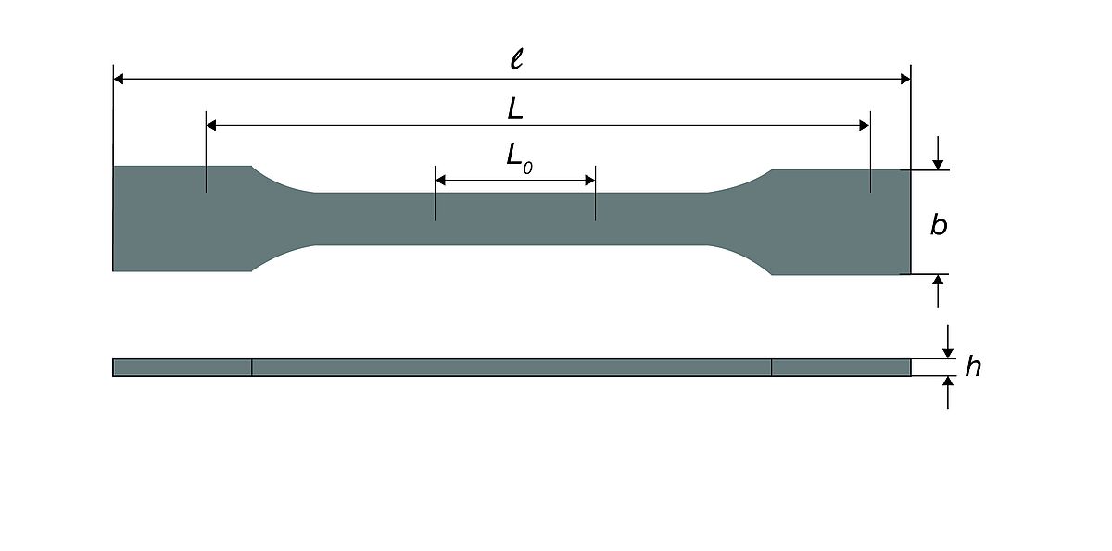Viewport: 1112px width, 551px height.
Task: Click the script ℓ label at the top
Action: tap(517, 59)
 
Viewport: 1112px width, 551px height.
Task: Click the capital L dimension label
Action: tap(515, 108)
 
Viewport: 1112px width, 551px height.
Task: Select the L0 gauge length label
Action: tap(519, 158)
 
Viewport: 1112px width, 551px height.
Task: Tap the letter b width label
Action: tap(938, 225)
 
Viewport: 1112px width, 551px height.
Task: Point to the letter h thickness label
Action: tap(973, 367)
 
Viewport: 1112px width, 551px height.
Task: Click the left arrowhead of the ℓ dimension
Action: tap(119, 79)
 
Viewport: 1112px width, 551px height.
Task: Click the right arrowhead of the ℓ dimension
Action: tap(905, 79)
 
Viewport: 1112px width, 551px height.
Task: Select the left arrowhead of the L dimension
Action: tap(211, 125)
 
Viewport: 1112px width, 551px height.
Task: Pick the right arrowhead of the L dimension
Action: tap(865, 125)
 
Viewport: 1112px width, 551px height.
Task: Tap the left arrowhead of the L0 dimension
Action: tap(440, 180)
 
